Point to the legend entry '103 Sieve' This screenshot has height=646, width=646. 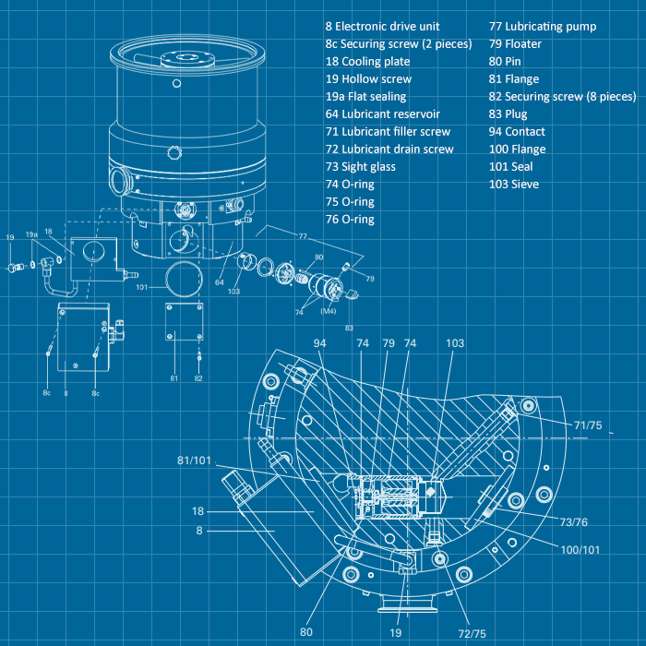coord(514,185)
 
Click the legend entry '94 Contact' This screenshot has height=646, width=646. coord(517,132)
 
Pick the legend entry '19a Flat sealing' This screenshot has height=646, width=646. coord(365,97)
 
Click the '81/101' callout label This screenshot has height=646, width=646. coord(197,461)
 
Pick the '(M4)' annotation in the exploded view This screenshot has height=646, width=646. coord(327,311)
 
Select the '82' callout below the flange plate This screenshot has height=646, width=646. coord(199,378)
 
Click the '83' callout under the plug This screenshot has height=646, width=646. coord(349,327)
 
